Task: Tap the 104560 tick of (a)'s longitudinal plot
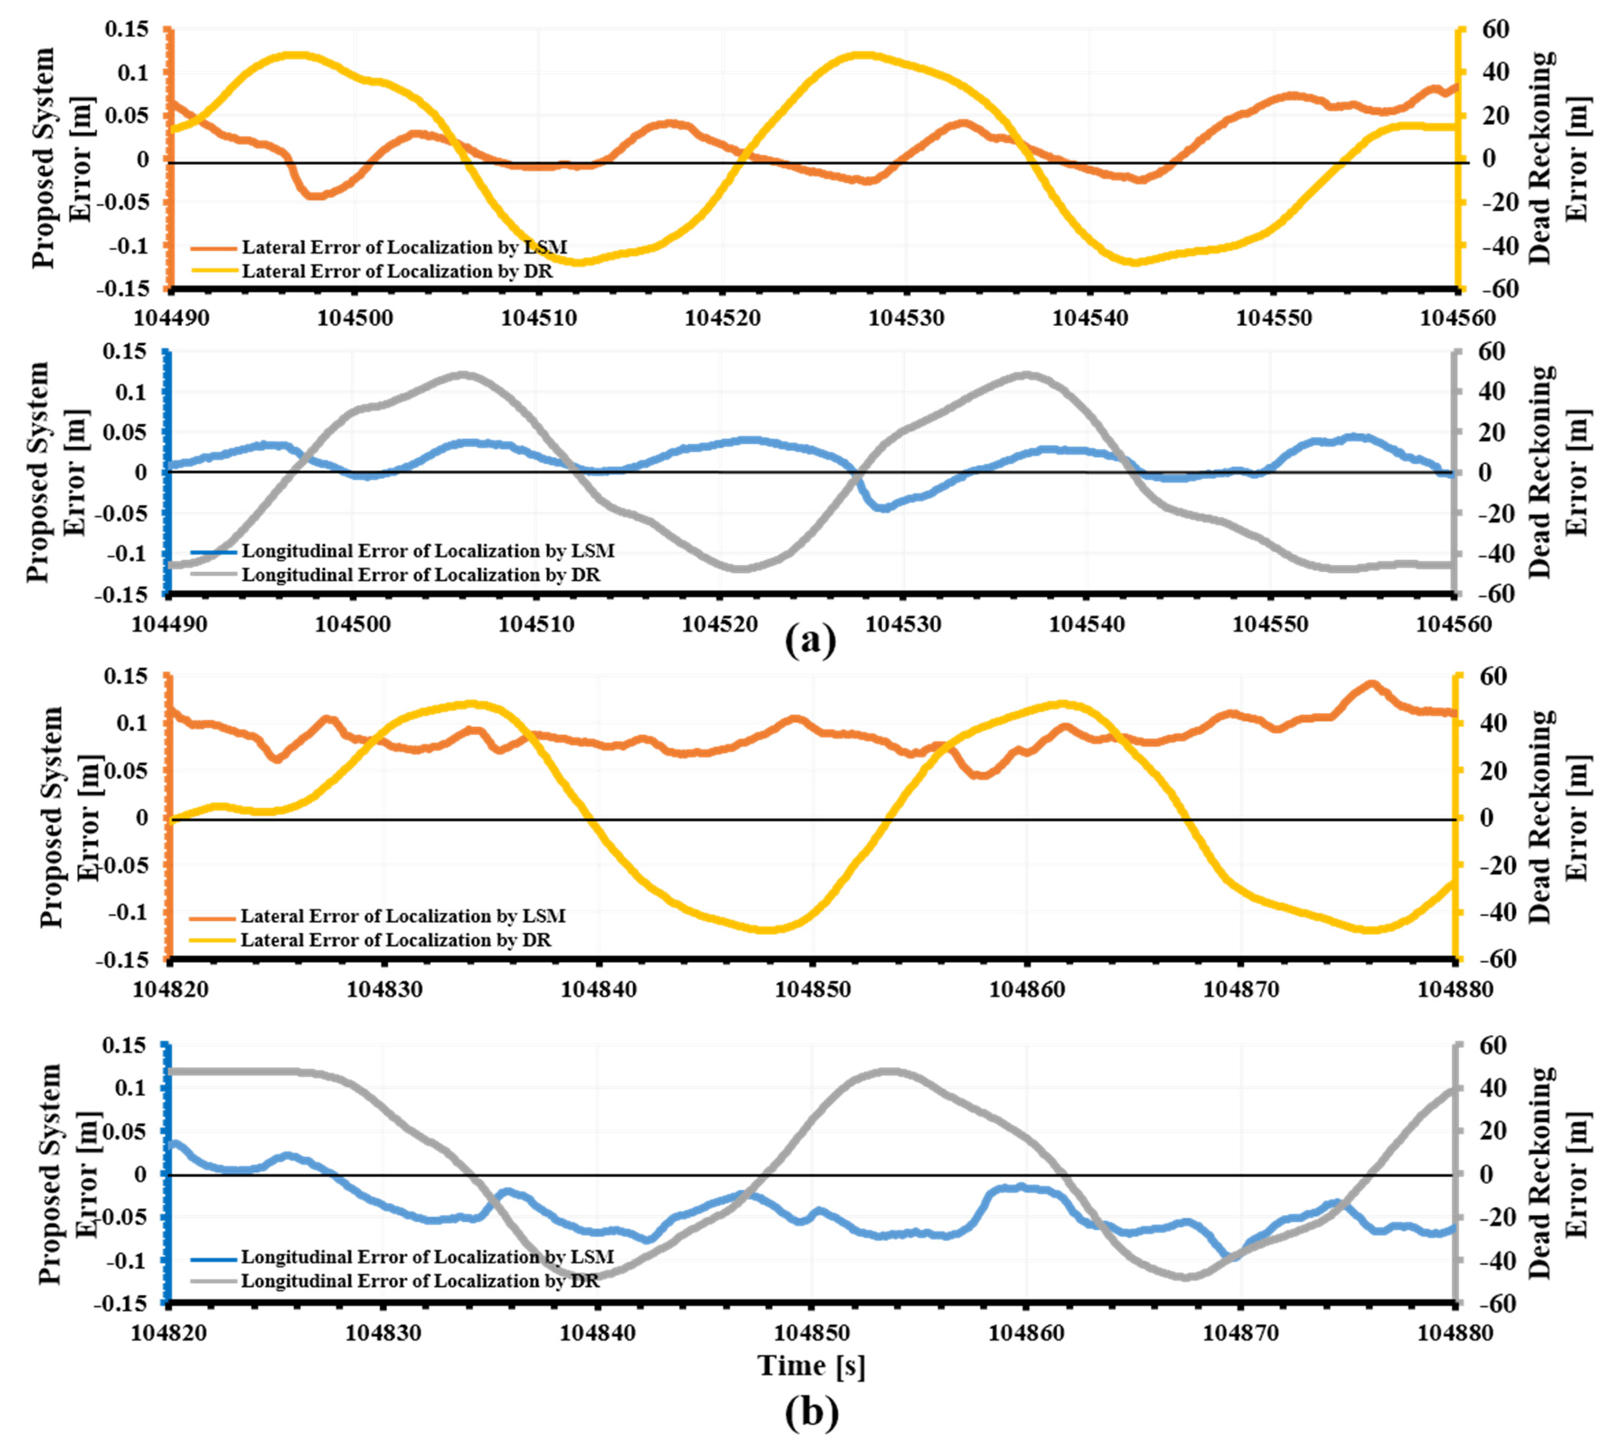(1453, 624)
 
